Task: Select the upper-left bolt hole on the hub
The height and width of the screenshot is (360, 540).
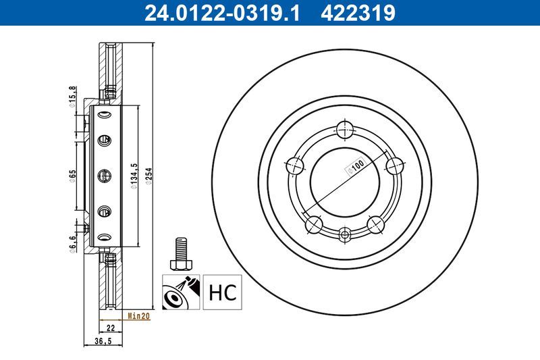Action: pyautogui.click(x=294, y=164)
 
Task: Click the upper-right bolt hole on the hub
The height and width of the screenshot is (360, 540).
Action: pyautogui.click(x=394, y=164)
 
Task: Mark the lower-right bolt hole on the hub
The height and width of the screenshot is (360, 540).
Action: pyautogui.click(x=376, y=224)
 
